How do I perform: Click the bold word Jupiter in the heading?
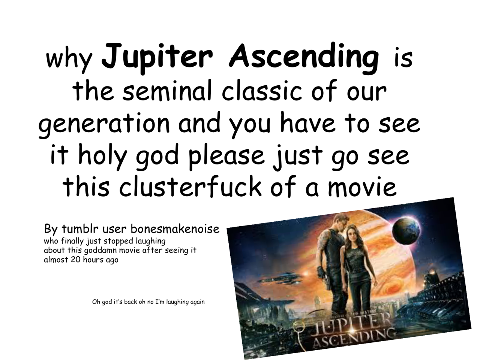pyautogui.click(x=157, y=58)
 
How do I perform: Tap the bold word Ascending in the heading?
pyautogui.click(x=304, y=58)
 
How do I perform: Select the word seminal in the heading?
pyautogui.click(x=167, y=90)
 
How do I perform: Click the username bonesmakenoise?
pyautogui.click(x=175, y=229)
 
